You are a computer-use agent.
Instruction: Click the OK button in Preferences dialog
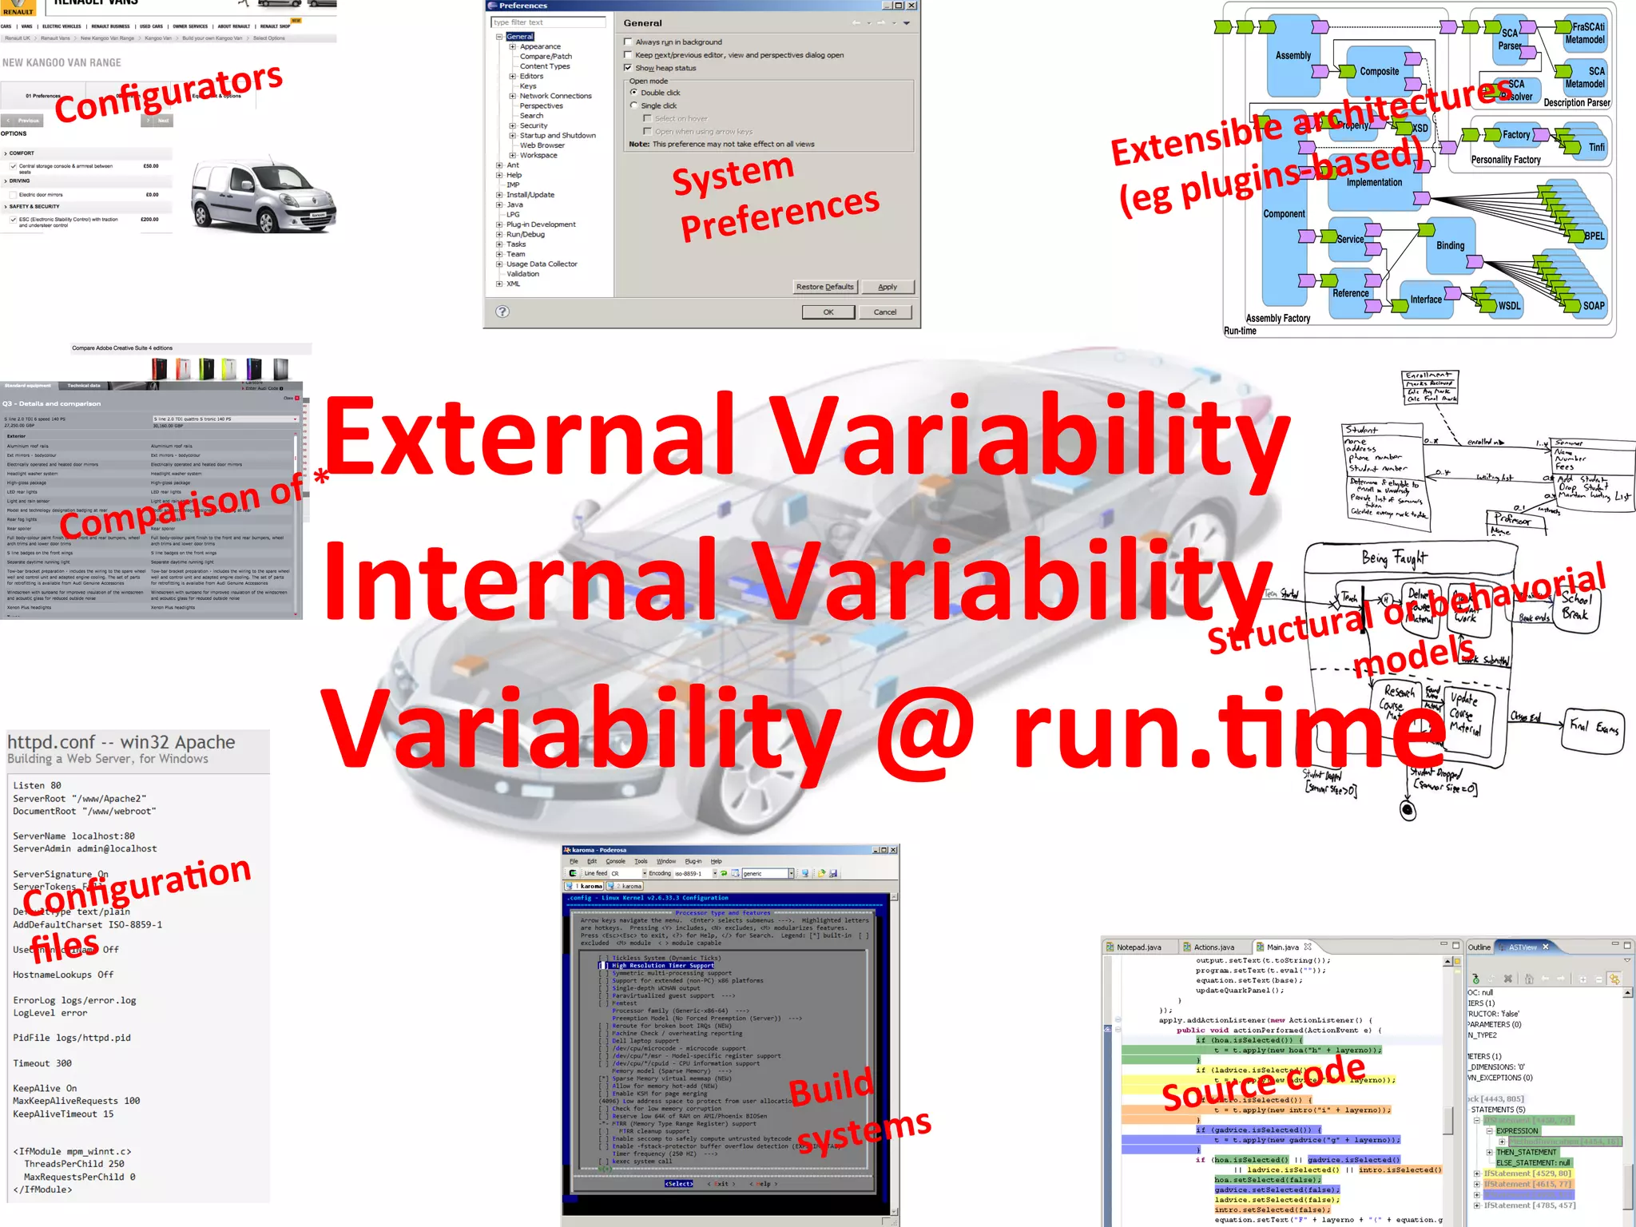tap(828, 312)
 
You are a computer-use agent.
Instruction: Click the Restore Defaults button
tap(824, 287)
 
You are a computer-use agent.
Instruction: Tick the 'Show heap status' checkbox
tap(628, 68)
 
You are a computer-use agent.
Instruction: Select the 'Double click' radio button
tap(634, 93)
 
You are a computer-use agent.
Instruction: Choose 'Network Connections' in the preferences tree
tap(555, 96)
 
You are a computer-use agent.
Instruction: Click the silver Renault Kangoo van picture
tap(263, 197)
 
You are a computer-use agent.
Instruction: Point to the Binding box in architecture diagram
tap(1450, 245)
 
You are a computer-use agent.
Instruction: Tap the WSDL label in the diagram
tap(1508, 306)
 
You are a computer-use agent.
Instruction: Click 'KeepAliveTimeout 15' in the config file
tap(63, 1114)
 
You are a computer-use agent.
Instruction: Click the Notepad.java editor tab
tap(1138, 947)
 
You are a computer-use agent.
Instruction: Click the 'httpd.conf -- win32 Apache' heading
tap(121, 742)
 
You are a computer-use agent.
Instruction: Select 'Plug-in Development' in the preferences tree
tap(540, 224)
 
